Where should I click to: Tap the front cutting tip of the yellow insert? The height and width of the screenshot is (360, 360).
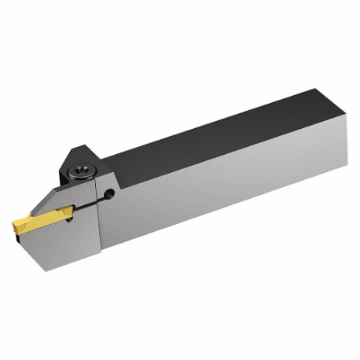16,229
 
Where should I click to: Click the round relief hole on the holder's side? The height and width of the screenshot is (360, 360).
108,192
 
